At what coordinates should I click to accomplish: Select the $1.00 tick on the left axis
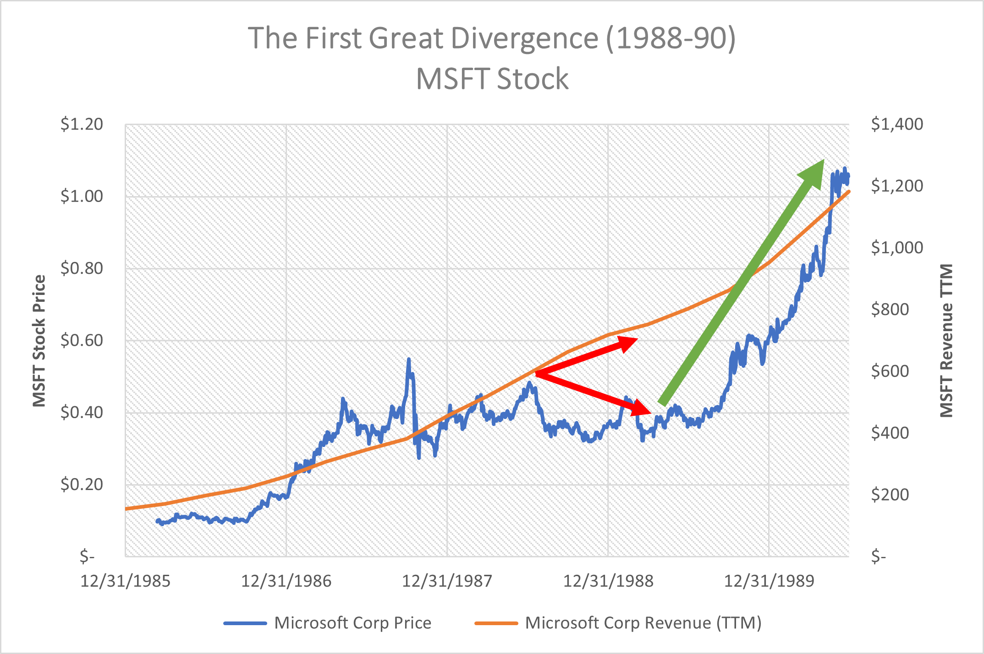pos(82,196)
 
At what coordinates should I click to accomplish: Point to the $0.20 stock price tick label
pos(82,484)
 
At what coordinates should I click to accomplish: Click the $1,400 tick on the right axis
pos(897,124)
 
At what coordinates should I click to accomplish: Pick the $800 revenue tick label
pos(890,310)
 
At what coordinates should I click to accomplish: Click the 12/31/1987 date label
pos(447,581)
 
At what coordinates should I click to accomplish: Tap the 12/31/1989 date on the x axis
pos(769,581)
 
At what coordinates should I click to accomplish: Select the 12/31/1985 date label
pos(125,581)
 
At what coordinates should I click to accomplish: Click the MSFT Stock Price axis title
pos(39,341)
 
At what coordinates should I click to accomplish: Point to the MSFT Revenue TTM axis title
pos(946,341)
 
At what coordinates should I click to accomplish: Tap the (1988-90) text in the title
pos(671,38)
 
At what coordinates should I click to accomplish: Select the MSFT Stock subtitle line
pos(492,79)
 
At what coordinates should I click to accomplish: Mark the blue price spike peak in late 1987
pos(408,360)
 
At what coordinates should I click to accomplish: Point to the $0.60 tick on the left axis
pos(82,340)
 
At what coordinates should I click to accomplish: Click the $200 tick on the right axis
pos(890,495)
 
